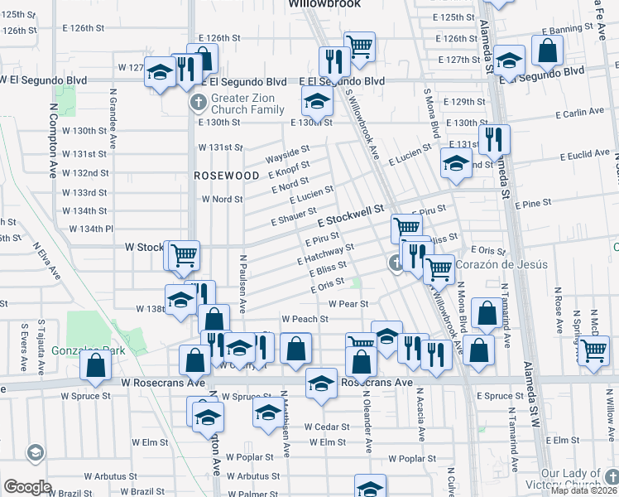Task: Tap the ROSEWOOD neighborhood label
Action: click(215, 176)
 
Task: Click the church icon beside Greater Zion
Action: click(197, 104)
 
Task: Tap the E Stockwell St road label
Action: click(352, 218)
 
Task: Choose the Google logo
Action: click(27, 487)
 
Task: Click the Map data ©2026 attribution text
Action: click(583, 490)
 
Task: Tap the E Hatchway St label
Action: click(326, 253)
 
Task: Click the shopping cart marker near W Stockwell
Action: click(183, 255)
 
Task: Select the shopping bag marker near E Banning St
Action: click(548, 51)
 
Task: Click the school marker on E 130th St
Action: click(315, 103)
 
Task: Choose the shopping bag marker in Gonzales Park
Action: click(96, 364)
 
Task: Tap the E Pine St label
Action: click(533, 203)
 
